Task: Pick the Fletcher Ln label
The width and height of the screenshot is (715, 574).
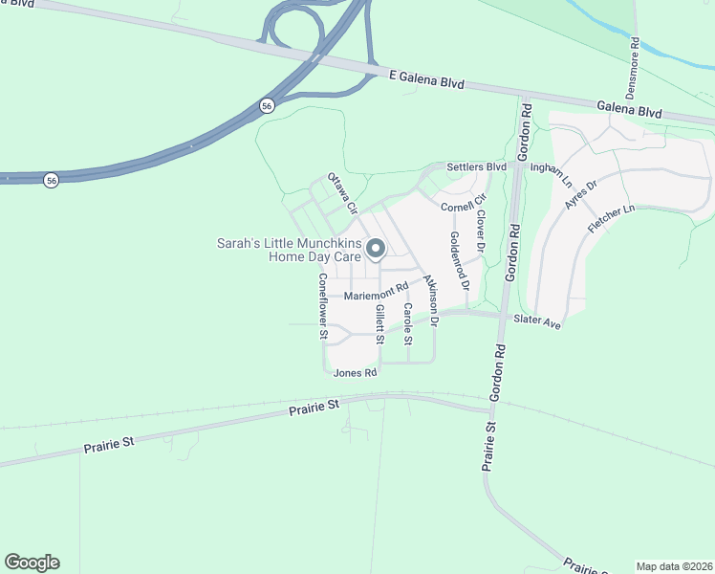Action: (611, 222)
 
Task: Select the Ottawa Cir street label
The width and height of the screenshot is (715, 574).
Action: (342, 192)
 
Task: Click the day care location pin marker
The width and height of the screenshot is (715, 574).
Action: (376, 249)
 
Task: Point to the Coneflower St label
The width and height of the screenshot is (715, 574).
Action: (323, 307)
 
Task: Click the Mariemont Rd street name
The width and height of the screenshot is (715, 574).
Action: (376, 291)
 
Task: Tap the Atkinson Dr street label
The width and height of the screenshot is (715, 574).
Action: (430, 306)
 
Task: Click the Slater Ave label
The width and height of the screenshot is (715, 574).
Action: (536, 322)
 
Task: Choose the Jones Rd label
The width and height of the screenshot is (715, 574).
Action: (356, 372)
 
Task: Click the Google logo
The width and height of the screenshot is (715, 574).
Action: (32, 563)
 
